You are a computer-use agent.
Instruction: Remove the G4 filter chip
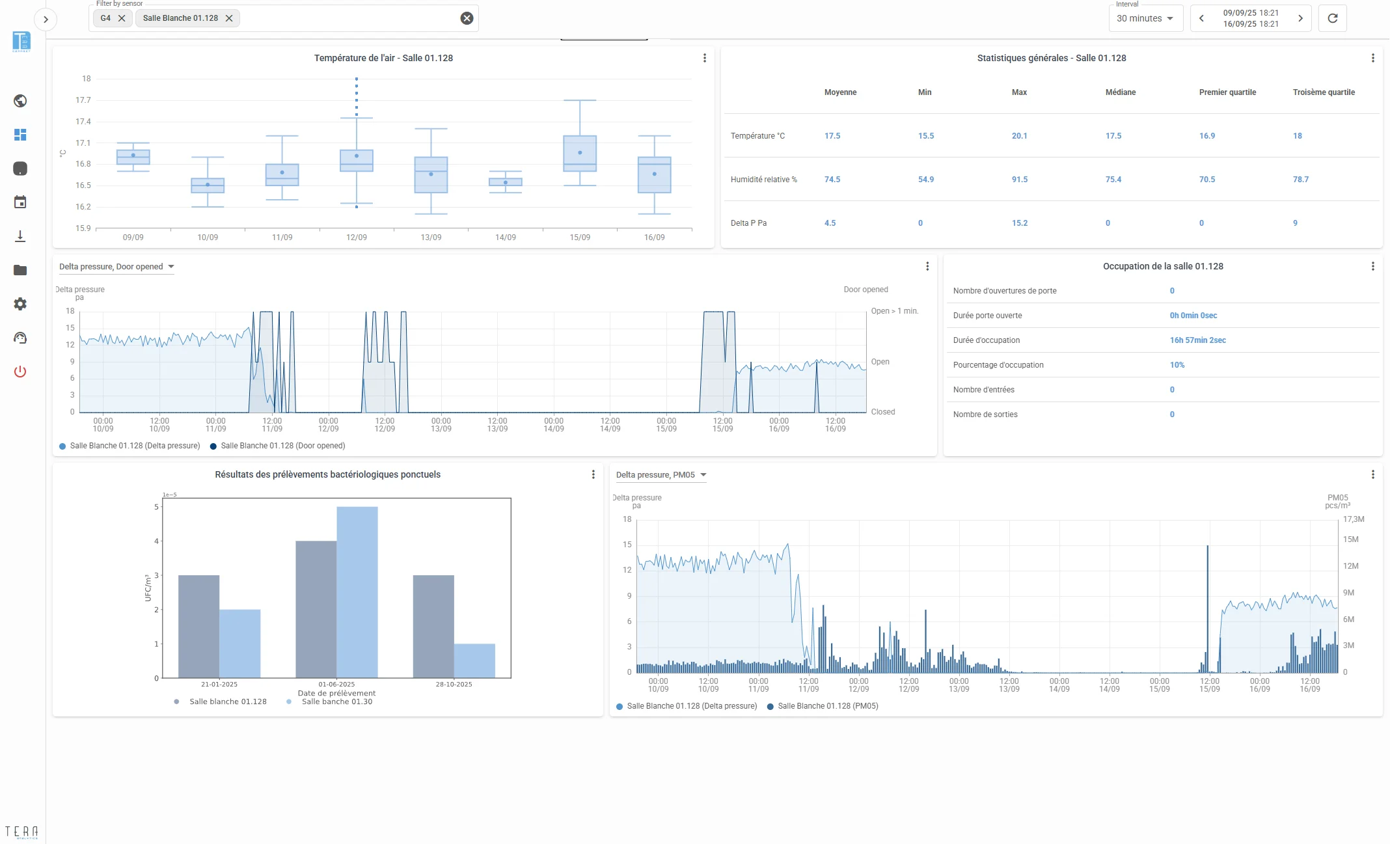click(x=122, y=18)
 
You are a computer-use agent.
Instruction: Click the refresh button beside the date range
click(x=1332, y=18)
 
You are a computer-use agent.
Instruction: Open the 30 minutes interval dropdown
click(x=1145, y=18)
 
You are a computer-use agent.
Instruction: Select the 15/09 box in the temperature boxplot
click(x=580, y=154)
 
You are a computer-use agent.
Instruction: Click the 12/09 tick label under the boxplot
click(x=357, y=238)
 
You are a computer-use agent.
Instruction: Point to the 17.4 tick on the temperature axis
click(x=83, y=122)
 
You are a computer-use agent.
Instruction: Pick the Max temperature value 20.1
click(x=1019, y=136)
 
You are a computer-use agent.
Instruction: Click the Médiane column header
click(x=1121, y=92)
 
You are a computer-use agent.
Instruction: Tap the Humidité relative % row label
click(x=763, y=180)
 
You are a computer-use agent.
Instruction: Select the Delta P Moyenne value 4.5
click(x=830, y=223)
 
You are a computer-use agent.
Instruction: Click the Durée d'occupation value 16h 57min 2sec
click(x=1197, y=340)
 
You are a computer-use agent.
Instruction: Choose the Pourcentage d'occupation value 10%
click(x=1177, y=365)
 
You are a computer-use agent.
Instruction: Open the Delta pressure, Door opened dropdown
click(x=116, y=267)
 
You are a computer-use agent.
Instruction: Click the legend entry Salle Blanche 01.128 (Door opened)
click(x=277, y=446)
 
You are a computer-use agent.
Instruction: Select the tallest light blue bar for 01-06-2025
click(x=357, y=592)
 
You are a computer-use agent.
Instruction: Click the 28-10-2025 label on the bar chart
click(x=454, y=685)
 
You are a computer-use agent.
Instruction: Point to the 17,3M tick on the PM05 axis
click(x=1354, y=519)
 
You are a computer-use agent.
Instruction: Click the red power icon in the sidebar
click(x=20, y=372)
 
